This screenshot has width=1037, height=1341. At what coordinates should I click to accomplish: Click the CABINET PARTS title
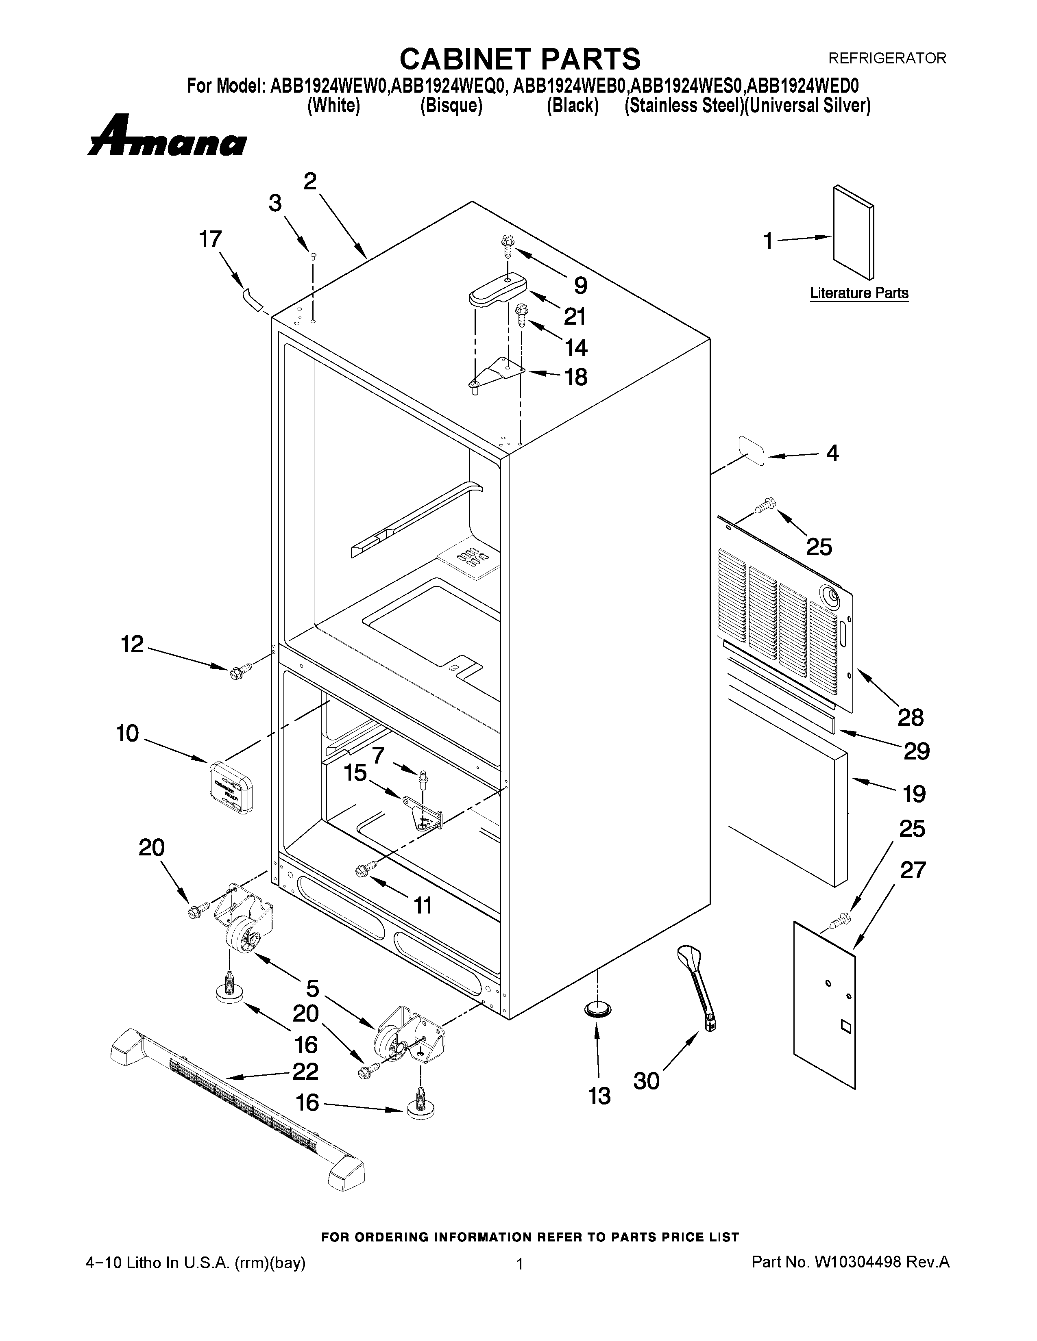click(x=520, y=60)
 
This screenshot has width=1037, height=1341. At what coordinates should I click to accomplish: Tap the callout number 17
click(x=210, y=239)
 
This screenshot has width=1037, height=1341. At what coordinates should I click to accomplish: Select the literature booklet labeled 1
click(x=853, y=233)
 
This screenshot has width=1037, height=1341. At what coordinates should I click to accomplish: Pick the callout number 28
click(x=911, y=717)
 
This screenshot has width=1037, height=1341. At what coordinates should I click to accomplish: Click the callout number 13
click(x=599, y=1096)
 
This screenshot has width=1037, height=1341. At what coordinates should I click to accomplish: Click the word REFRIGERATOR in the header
click(x=887, y=59)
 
